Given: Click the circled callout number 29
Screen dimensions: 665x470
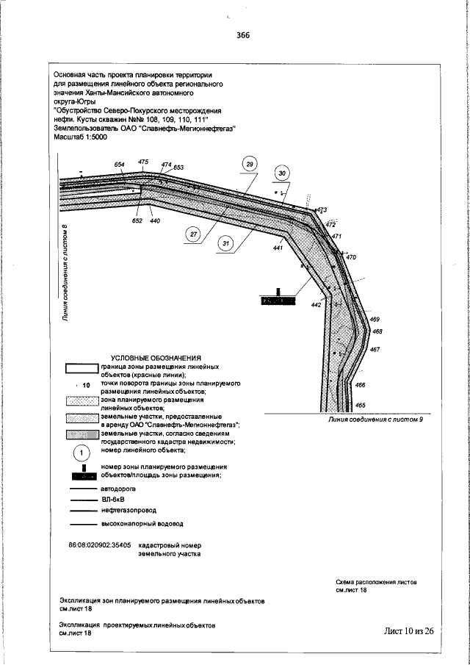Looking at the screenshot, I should coord(250,163).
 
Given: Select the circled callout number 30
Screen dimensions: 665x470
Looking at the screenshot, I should coord(281,173).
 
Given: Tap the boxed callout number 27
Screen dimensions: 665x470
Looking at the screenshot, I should coord(193,234).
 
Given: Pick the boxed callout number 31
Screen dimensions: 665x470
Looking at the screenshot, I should coord(226,243).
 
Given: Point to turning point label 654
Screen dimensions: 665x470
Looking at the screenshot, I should coord(120,164).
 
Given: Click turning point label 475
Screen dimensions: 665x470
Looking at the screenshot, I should coord(143,161).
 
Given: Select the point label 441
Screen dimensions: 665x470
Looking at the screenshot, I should coord(278,249).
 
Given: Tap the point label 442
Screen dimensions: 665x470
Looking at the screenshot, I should coord(316,304).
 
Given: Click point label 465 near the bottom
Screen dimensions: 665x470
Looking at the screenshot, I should coord(360,405).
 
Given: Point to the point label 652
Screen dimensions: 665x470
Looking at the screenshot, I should coord(137,220).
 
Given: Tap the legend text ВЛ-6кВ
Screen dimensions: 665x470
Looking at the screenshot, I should coord(114,498).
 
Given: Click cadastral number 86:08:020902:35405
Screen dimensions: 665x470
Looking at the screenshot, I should coord(99,546).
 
